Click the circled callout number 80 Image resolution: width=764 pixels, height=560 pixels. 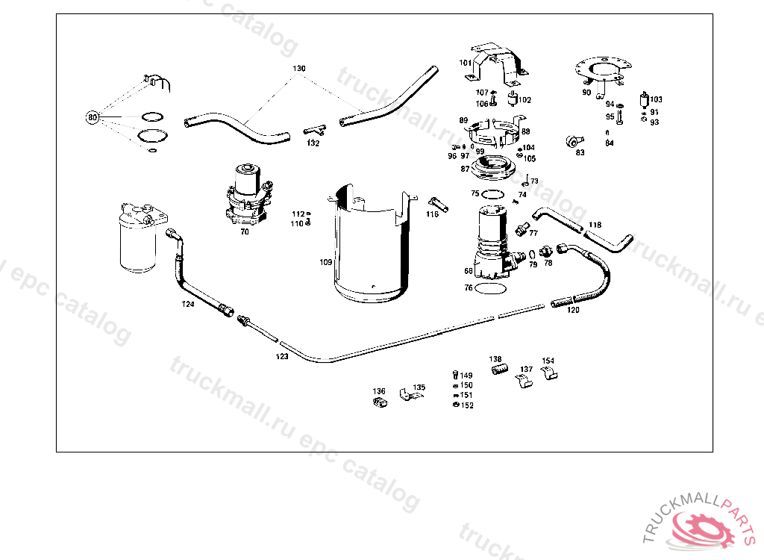click(93, 117)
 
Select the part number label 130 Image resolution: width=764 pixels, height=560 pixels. click(298, 69)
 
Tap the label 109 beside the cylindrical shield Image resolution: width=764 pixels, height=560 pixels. click(325, 262)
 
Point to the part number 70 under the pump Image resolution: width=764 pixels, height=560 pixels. click(244, 232)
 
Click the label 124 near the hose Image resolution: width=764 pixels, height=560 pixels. click(188, 304)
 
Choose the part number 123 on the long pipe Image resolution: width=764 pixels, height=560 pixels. click(281, 357)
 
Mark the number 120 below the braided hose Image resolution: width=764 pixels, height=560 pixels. click(572, 309)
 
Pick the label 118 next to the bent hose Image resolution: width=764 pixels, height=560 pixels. click(595, 225)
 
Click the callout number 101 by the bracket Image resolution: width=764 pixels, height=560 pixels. click(466, 63)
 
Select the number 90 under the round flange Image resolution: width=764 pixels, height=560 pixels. click(586, 93)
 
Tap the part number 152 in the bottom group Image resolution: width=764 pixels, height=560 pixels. click(467, 405)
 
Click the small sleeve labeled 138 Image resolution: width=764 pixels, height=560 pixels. click(497, 369)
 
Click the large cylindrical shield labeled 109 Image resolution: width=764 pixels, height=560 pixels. click(370, 246)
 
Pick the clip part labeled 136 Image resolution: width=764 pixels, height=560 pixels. click(378, 403)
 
